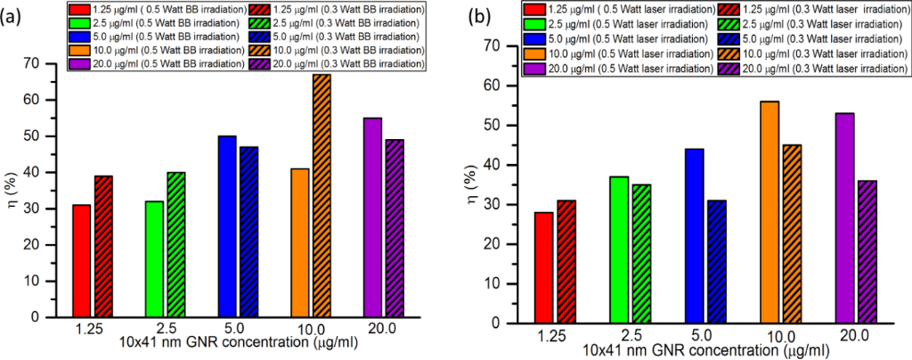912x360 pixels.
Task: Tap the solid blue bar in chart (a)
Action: click(x=227, y=226)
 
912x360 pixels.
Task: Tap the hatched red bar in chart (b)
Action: click(x=566, y=260)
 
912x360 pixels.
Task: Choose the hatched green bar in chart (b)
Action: click(x=639, y=252)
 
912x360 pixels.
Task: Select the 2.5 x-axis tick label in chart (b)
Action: click(x=631, y=334)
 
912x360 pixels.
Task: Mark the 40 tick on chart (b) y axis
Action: click(x=517, y=165)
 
